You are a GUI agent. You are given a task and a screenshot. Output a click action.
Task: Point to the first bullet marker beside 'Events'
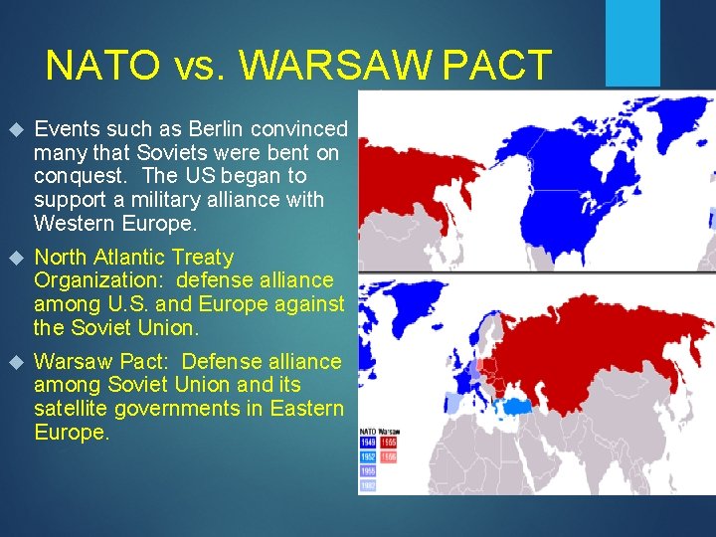(x=14, y=130)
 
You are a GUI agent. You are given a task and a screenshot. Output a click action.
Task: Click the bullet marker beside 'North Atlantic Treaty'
(x=14, y=259)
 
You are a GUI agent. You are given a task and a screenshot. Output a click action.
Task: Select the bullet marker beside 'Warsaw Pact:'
(x=14, y=363)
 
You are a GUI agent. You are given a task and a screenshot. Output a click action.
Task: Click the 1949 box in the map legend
(x=368, y=442)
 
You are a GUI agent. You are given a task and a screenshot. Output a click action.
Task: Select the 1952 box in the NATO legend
(x=368, y=455)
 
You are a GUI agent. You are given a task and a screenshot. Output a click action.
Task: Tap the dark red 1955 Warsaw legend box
(x=388, y=442)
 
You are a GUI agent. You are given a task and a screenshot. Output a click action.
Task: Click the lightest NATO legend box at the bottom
(x=368, y=485)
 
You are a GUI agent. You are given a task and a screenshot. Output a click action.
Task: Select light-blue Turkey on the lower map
(x=517, y=405)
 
